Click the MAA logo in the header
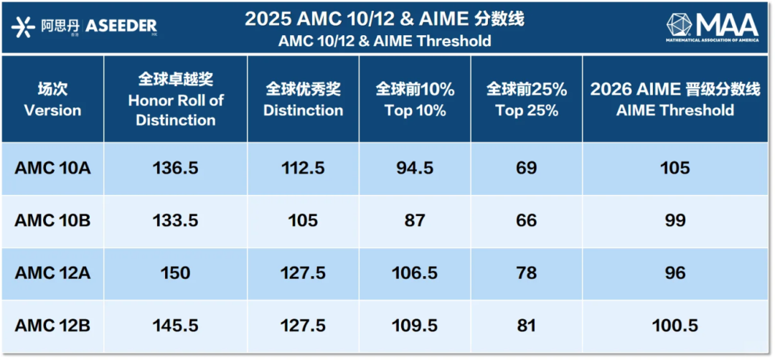point(712,27)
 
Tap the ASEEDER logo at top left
point(85,27)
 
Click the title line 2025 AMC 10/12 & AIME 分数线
point(385,19)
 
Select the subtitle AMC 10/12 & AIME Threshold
point(385,41)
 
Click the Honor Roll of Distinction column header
point(176,100)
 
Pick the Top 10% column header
point(415,100)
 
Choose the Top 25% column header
point(526,100)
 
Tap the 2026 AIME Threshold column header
point(675,100)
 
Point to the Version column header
point(52,100)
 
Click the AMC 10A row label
point(52,168)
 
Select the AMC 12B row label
point(52,326)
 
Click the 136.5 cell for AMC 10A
point(176,168)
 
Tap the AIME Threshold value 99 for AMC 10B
point(675,220)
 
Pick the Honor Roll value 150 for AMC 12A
point(176,273)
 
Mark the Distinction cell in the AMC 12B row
point(304,326)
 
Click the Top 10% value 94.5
point(415,168)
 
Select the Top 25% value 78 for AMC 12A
point(526,273)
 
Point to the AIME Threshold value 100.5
point(675,326)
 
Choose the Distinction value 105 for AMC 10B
point(304,220)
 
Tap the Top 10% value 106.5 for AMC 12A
point(415,273)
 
